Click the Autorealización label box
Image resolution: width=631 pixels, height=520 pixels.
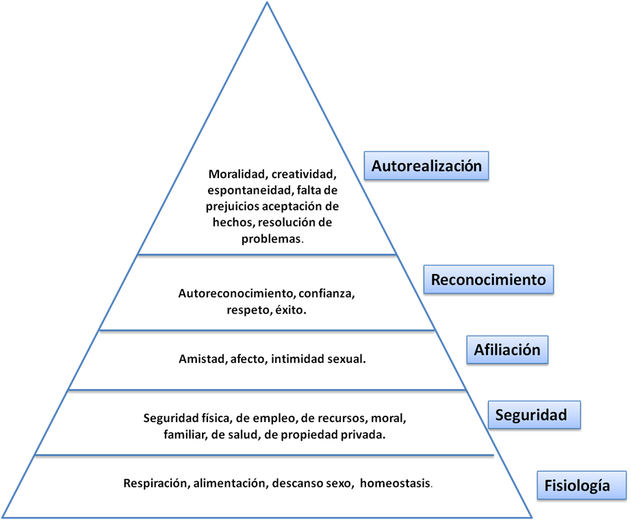pyautogui.click(x=426, y=166)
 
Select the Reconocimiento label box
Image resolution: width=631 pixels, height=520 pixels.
pyautogui.click(x=488, y=280)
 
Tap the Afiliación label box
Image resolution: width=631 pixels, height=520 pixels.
pyautogui.click(x=507, y=350)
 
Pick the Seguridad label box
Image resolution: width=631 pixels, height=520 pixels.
pyautogui.click(x=531, y=414)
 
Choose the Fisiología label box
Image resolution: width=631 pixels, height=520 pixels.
pyautogui.click(x=577, y=486)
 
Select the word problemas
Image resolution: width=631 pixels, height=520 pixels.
pyautogui.click(x=272, y=239)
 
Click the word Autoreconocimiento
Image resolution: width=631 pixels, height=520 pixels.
pyautogui.click(x=236, y=293)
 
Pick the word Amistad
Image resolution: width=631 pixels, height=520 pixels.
pyautogui.click(x=199, y=358)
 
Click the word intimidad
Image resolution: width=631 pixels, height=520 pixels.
pyautogui.click(x=297, y=358)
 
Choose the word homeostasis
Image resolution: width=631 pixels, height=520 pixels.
pyautogui.click(x=395, y=483)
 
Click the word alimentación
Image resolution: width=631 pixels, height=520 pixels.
pyautogui.click(x=229, y=483)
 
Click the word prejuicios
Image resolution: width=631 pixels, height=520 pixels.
pyautogui.click(x=233, y=206)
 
